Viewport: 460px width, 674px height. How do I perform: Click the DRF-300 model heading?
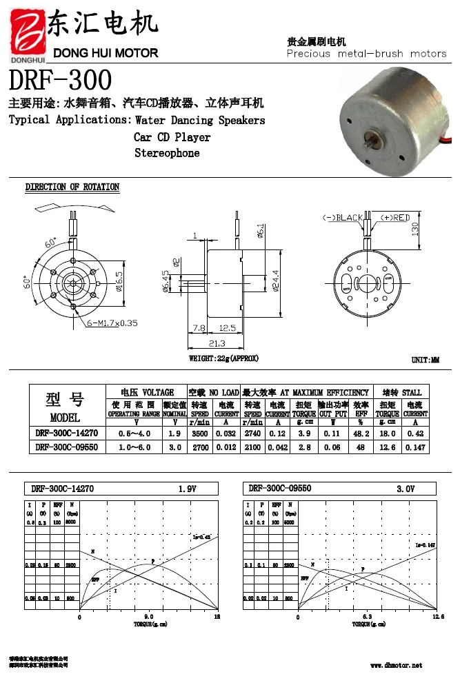[x=60, y=81]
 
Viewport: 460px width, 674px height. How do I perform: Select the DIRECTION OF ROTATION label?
[x=72, y=187]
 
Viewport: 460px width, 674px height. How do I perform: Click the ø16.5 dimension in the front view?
[x=119, y=283]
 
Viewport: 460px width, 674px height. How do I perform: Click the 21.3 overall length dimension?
[x=216, y=343]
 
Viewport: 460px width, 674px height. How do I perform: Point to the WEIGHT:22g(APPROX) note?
[x=224, y=358]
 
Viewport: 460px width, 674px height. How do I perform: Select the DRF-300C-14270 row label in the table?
[x=66, y=433]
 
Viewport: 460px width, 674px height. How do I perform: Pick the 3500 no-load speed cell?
[x=199, y=433]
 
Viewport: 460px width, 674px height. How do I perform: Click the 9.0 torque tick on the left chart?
[x=148, y=617]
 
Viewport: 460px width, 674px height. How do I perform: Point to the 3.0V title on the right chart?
[x=405, y=489]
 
